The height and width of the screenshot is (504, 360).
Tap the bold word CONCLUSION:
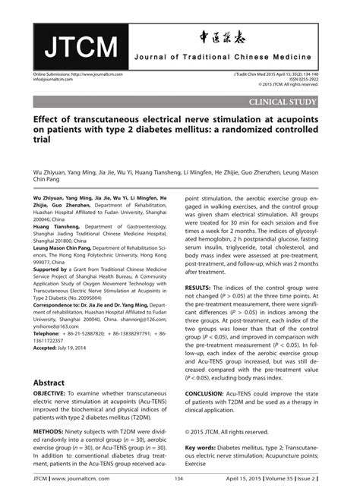coord(210,395)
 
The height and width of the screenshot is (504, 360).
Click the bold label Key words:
coord(202,448)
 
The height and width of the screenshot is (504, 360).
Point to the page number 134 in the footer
coord(179,478)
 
